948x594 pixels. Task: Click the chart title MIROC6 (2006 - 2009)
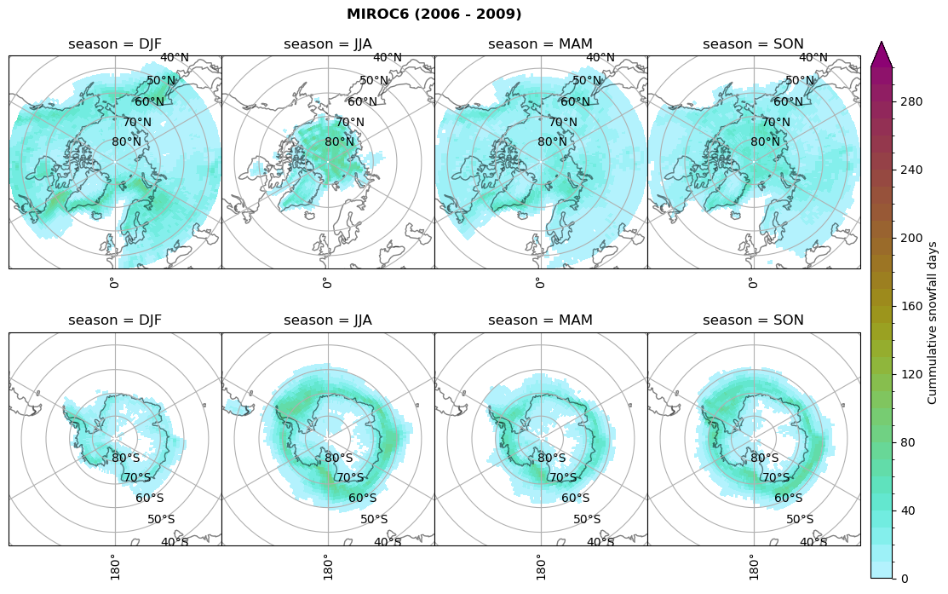click(x=434, y=14)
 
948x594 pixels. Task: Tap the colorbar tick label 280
click(x=911, y=101)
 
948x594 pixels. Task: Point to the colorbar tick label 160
click(x=911, y=306)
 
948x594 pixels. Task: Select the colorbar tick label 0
click(x=905, y=579)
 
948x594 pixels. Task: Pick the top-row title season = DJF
click(x=115, y=43)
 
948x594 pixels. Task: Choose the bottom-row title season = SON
click(x=753, y=320)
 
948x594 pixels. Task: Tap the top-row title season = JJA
click(x=328, y=43)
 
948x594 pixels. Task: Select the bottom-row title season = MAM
click(x=540, y=320)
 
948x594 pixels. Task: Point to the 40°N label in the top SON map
click(x=813, y=58)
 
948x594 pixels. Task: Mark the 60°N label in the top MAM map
click(x=576, y=101)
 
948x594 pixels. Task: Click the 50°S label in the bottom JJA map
click(x=374, y=519)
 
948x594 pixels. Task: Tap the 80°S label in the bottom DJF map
click(x=126, y=458)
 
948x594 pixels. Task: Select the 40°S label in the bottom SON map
click(x=813, y=541)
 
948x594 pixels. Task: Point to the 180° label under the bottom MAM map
click(x=539, y=565)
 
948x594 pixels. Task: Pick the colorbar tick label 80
click(x=908, y=442)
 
